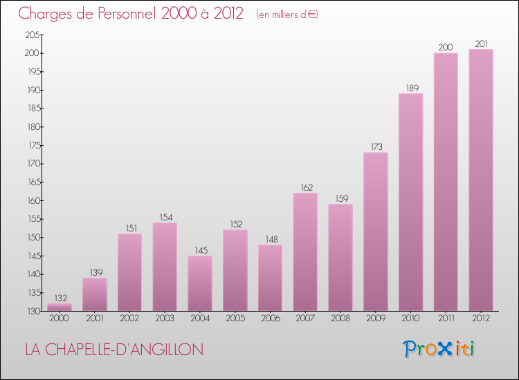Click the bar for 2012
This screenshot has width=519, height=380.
click(481, 180)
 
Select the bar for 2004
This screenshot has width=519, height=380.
click(200, 283)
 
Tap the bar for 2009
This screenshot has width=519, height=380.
click(375, 231)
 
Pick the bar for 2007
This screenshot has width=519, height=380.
click(305, 251)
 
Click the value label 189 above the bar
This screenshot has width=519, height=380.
click(410, 87)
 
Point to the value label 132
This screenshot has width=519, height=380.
click(60, 297)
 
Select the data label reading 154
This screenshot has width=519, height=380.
click(165, 216)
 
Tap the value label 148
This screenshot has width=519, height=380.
click(270, 238)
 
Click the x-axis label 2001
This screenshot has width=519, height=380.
click(95, 318)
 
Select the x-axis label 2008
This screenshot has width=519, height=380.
click(340, 318)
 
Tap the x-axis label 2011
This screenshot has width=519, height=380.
click(446, 318)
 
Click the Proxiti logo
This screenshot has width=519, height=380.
click(439, 349)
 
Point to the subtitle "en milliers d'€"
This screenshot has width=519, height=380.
click(287, 15)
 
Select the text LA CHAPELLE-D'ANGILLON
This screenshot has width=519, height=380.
click(114, 350)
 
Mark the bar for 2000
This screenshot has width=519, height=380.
click(60, 307)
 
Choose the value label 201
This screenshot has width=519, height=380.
click(481, 44)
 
